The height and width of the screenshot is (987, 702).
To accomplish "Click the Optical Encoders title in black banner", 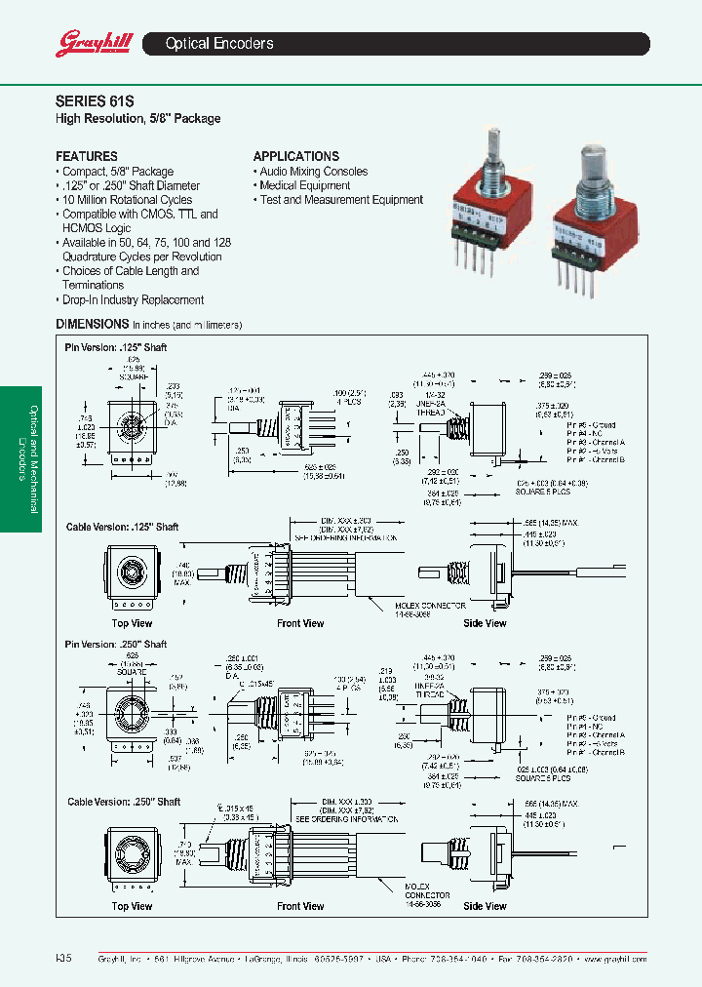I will pyautogui.click(x=219, y=44).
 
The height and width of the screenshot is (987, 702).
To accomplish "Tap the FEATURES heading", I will pyautogui.click(x=87, y=156).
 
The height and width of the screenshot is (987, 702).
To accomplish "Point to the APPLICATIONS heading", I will pyautogui.click(x=296, y=156).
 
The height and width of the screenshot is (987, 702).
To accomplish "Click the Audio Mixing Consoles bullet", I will pyautogui.click(x=313, y=172).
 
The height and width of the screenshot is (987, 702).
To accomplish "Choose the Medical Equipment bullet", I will pyautogui.click(x=304, y=185).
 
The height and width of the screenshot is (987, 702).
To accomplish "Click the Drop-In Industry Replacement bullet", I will pyautogui.click(x=133, y=300).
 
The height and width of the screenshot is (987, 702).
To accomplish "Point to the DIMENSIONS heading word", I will pyautogui.click(x=93, y=324).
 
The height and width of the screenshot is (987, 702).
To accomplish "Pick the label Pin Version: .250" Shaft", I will pyautogui.click(x=116, y=645).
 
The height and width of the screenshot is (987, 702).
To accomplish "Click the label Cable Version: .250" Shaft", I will pyautogui.click(x=124, y=802).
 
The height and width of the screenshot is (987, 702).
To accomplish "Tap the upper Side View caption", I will pyautogui.click(x=485, y=623).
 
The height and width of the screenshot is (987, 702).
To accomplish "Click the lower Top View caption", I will pyautogui.click(x=133, y=906).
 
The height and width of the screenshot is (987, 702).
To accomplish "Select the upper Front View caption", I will pyautogui.click(x=300, y=623).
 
